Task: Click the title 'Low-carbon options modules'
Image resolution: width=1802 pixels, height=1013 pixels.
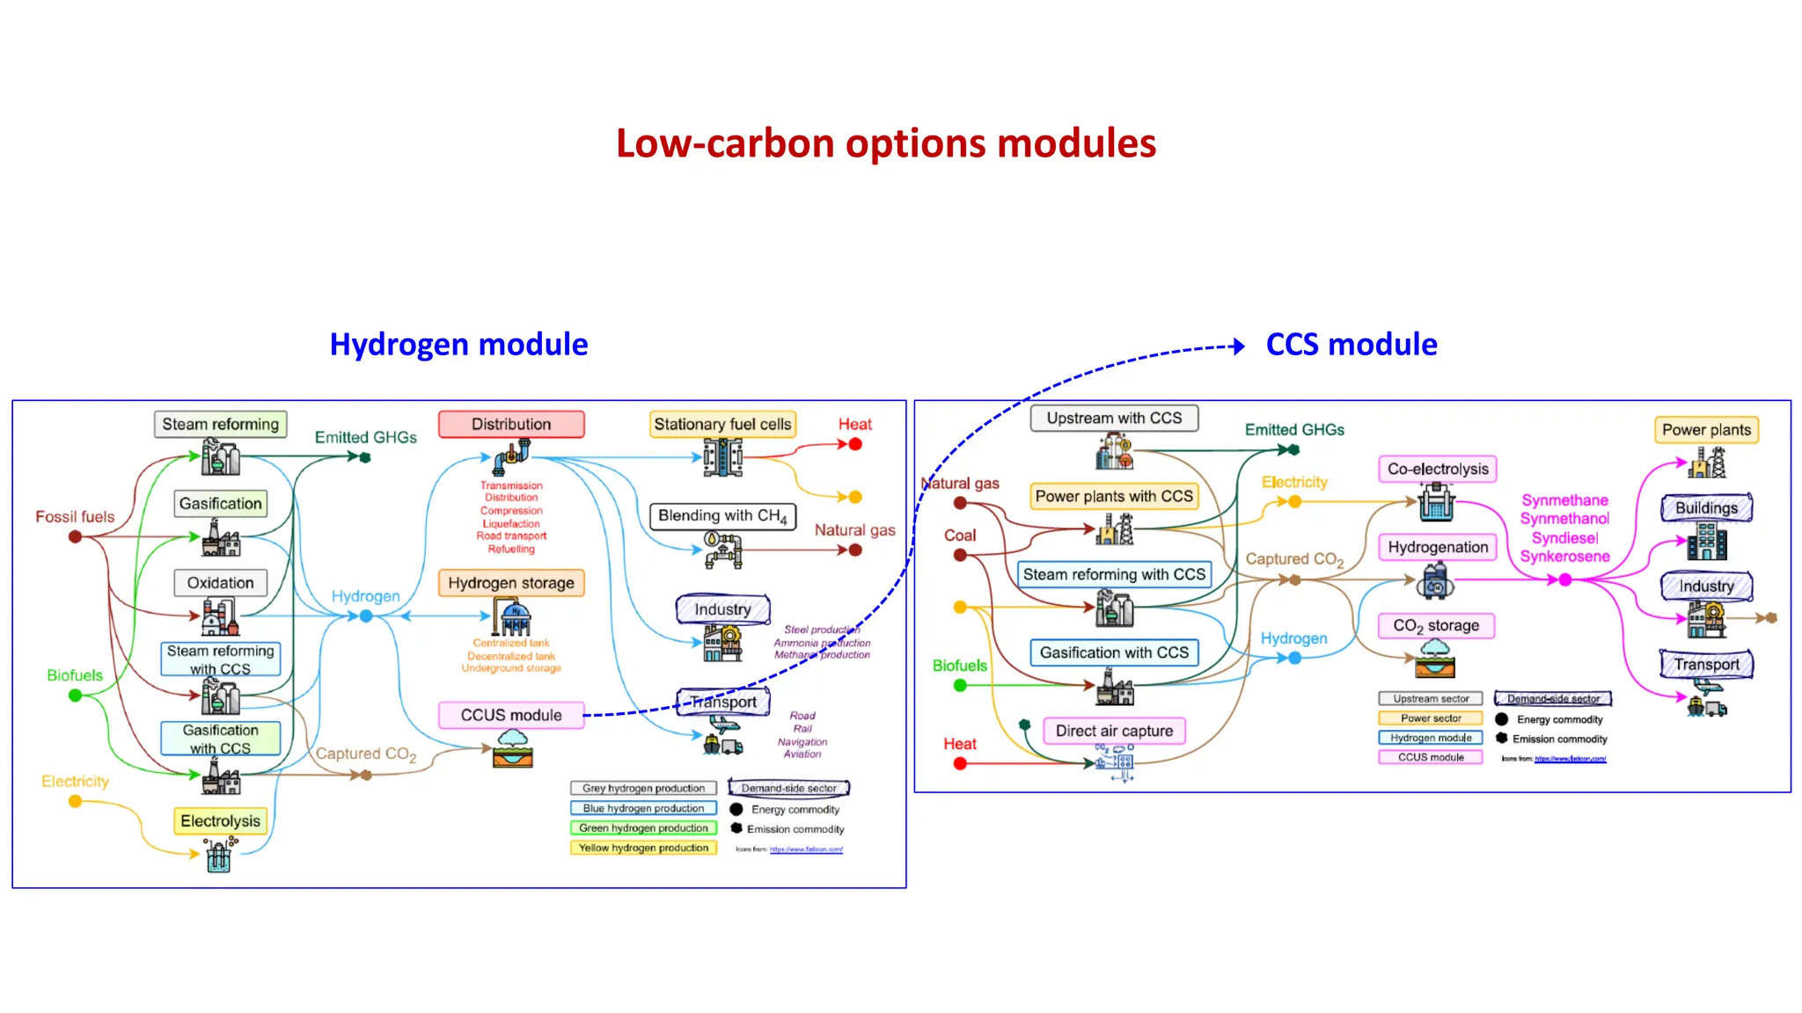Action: tap(885, 143)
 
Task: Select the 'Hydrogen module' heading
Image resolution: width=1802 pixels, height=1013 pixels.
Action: tap(458, 345)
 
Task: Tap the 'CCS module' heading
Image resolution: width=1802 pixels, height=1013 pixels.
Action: tap(1351, 345)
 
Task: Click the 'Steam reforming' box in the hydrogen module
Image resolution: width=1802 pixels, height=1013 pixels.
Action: tap(220, 424)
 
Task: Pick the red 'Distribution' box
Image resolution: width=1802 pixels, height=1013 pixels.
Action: tap(511, 424)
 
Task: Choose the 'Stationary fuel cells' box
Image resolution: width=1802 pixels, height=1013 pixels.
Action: tap(722, 424)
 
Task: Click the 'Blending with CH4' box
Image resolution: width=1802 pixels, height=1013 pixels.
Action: tap(722, 516)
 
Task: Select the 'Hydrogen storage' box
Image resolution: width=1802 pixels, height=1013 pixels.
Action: tap(511, 583)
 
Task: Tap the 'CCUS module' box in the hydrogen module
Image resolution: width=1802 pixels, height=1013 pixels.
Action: tap(511, 715)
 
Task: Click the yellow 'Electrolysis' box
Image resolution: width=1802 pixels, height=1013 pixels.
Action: tap(220, 820)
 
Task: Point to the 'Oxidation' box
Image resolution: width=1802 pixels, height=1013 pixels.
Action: tap(220, 583)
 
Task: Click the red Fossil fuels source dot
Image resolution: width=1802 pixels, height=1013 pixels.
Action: tap(76, 536)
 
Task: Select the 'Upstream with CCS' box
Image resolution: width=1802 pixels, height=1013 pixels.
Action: tap(1114, 419)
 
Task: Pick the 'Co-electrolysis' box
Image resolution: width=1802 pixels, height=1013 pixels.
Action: tap(1438, 469)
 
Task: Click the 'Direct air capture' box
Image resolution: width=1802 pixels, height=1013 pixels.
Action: tap(1114, 731)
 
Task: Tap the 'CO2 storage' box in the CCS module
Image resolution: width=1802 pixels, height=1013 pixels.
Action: tap(1436, 625)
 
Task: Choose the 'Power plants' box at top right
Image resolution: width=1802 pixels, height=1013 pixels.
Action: tap(1706, 430)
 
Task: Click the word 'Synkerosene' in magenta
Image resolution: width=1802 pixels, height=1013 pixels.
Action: tap(1564, 557)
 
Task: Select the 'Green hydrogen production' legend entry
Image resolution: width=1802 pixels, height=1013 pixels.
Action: tap(643, 828)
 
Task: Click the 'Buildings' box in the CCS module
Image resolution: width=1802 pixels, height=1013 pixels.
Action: tap(1706, 508)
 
